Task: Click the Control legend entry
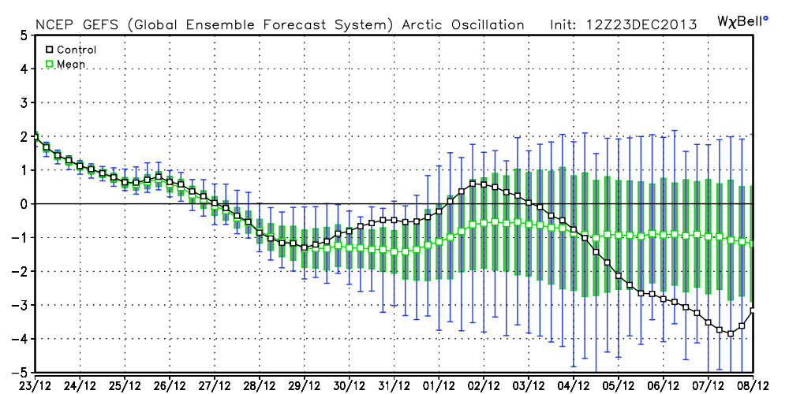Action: coord(71,49)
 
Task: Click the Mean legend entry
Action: coord(66,64)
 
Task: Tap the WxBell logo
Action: coord(742,19)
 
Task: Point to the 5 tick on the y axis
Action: coord(24,35)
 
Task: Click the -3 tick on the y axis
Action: coord(22,305)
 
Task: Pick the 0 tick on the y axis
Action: coord(24,204)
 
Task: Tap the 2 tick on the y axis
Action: coord(24,136)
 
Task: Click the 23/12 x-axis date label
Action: coord(36,385)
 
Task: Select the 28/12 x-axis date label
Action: coord(260,385)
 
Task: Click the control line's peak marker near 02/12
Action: coord(473,184)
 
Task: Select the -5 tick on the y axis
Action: coord(22,372)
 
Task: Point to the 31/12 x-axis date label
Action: coord(394,385)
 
